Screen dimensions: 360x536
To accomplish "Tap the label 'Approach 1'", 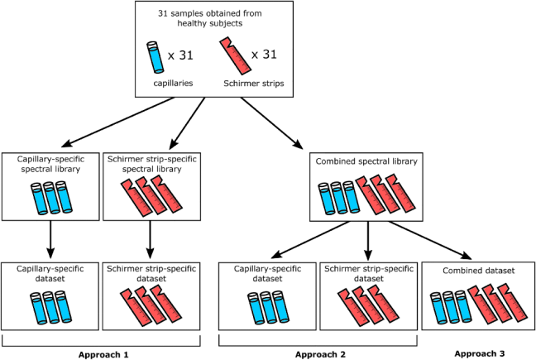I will tap(103, 353).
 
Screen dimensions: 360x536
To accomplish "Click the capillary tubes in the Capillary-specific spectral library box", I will tap(52, 195).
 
